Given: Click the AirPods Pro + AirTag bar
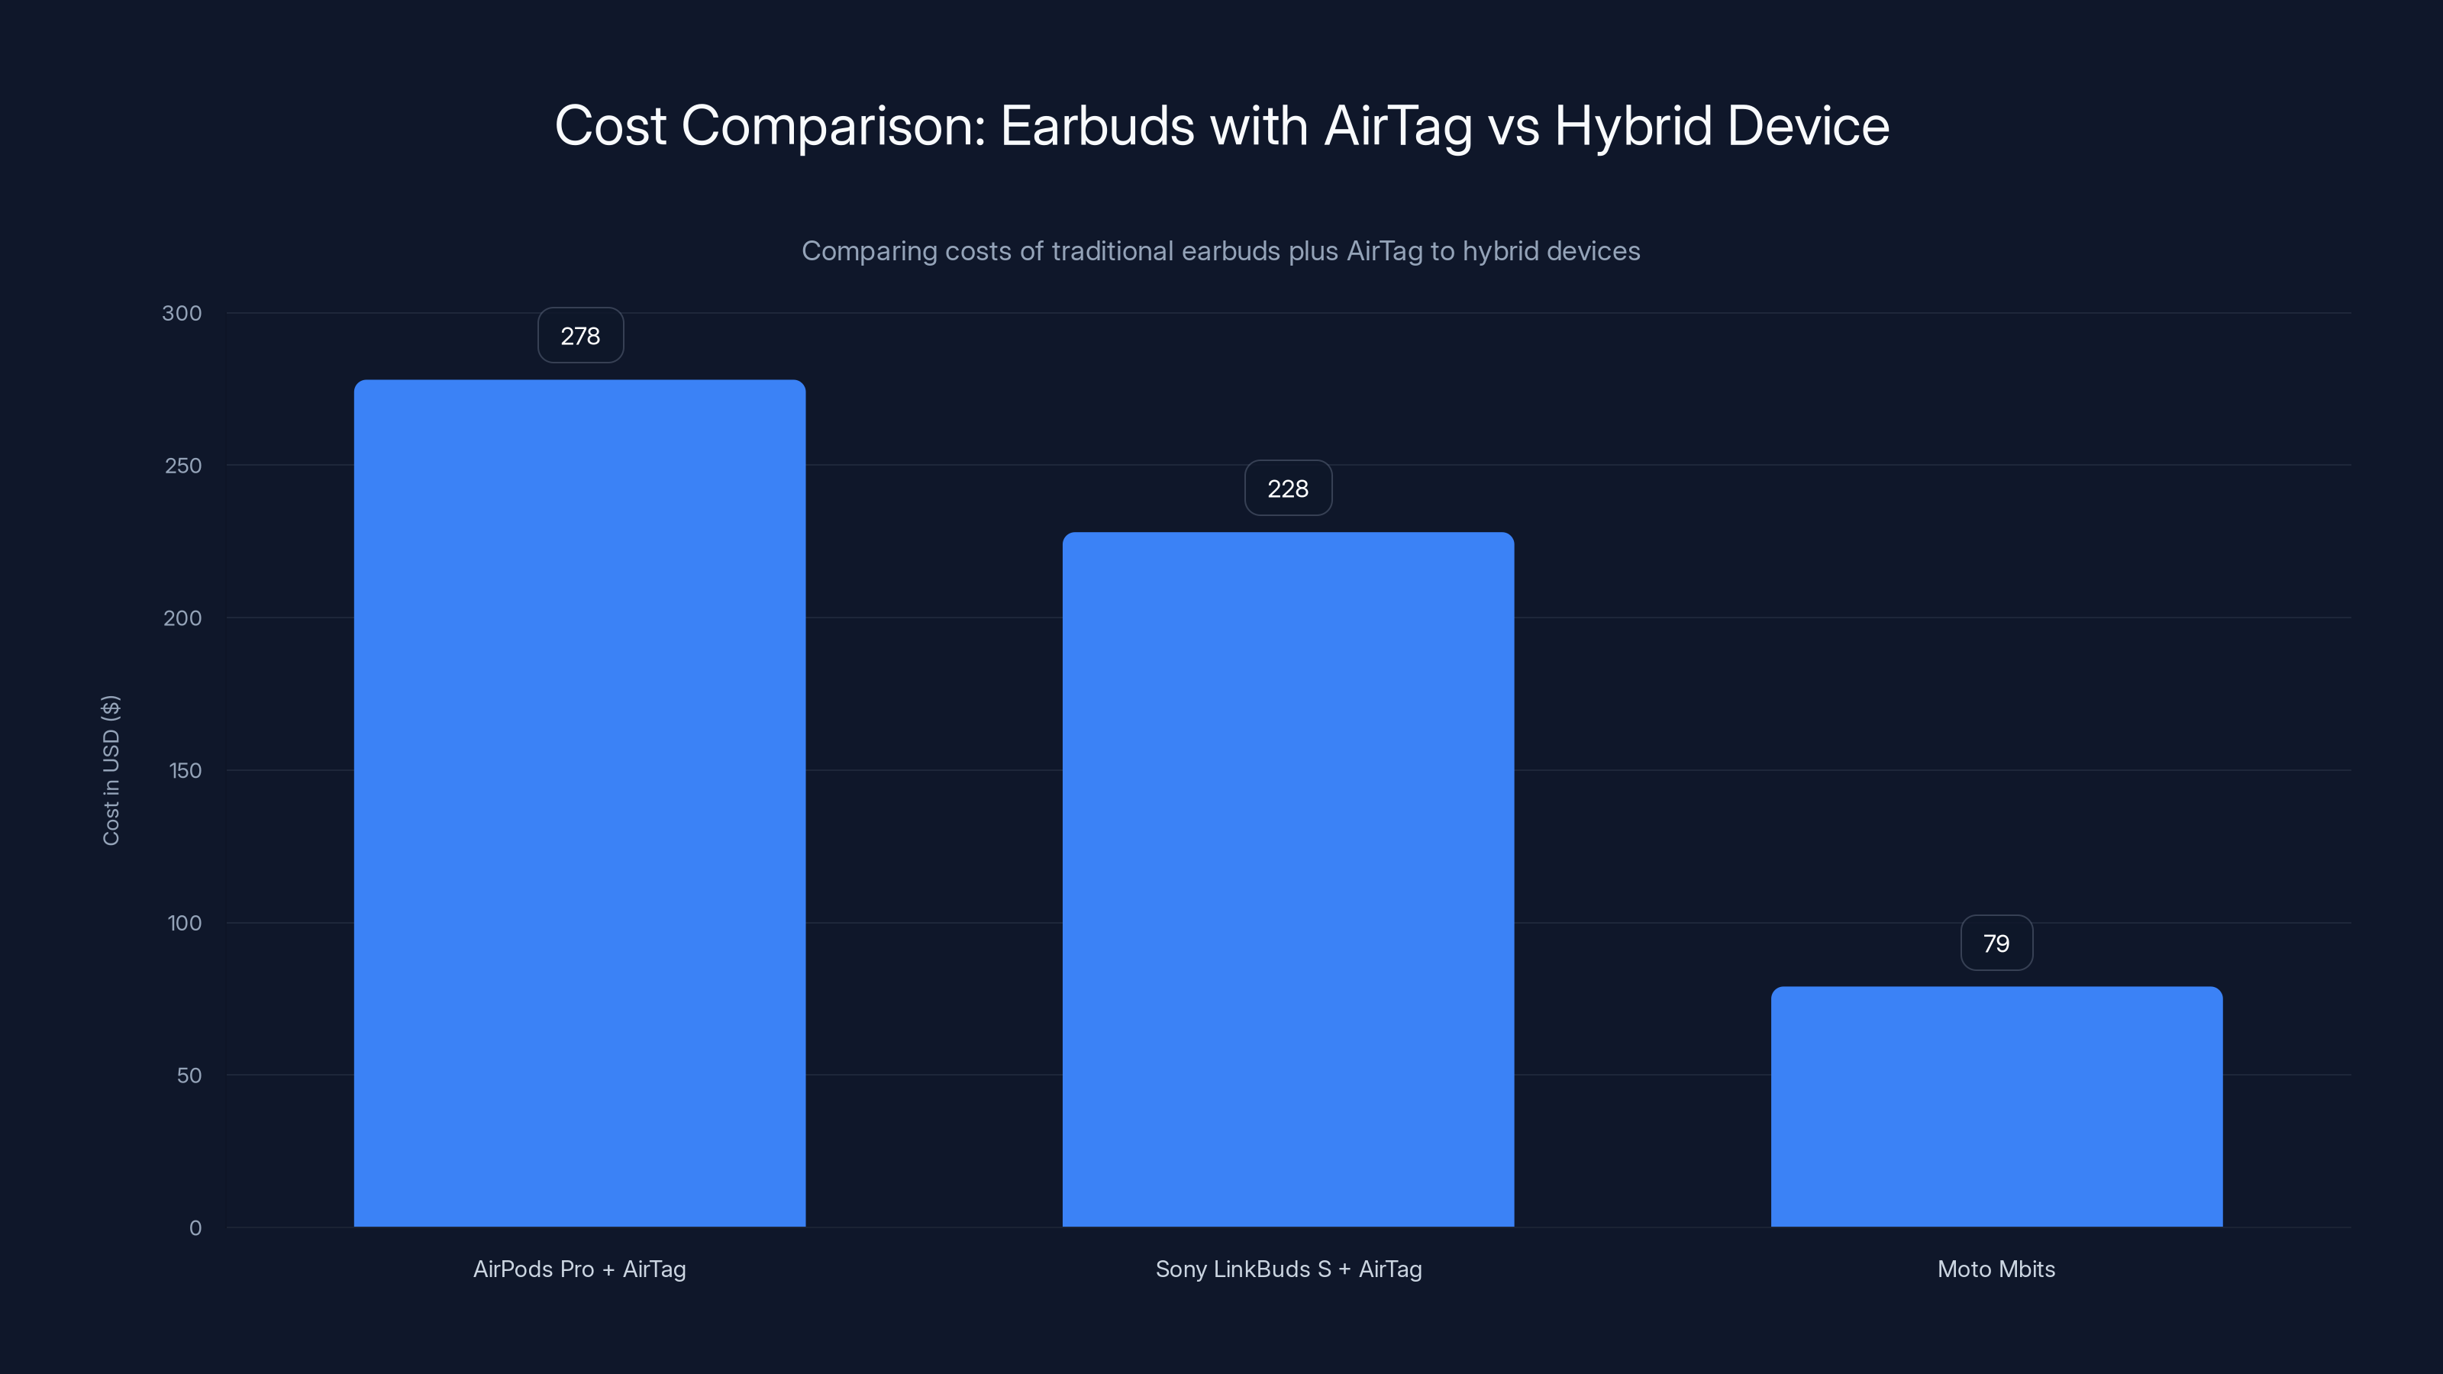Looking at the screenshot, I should tap(579, 802).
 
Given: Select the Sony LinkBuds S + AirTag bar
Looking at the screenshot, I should tap(1288, 879).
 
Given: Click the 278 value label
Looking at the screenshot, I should tap(580, 336).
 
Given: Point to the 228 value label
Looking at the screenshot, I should tap(1288, 489).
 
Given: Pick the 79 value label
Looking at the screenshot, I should tap(1996, 943).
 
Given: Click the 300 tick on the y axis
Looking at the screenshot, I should tap(182, 313).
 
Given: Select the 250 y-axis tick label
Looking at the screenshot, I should tap(183, 466).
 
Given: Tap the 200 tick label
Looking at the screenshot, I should tap(183, 618).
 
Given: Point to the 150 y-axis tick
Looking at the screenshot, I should tap(185, 771).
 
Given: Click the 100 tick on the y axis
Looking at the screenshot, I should tap(185, 923).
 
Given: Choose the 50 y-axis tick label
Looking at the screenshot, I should tap(189, 1076).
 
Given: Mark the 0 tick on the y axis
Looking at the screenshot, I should tap(195, 1228).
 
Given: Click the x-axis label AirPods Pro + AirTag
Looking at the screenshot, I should tap(579, 1269).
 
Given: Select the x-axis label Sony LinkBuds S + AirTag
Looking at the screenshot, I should tap(1288, 1269).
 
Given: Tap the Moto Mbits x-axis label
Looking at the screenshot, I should tap(1996, 1269).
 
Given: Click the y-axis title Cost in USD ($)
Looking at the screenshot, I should tap(111, 770).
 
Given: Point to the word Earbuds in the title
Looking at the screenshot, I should tap(1097, 126).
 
